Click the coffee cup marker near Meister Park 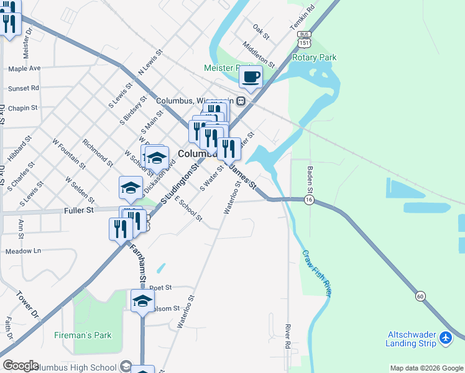pyautogui.click(x=251, y=77)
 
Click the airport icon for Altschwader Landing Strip pyautogui.click(x=445, y=338)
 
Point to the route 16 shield pyautogui.click(x=308, y=200)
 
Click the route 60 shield pyautogui.click(x=421, y=297)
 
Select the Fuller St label pyautogui.click(x=78, y=211)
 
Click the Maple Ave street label pyautogui.click(x=24, y=68)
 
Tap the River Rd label pyautogui.click(x=288, y=336)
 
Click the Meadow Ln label pyautogui.click(x=23, y=251)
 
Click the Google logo pyautogui.click(x=21, y=366)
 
